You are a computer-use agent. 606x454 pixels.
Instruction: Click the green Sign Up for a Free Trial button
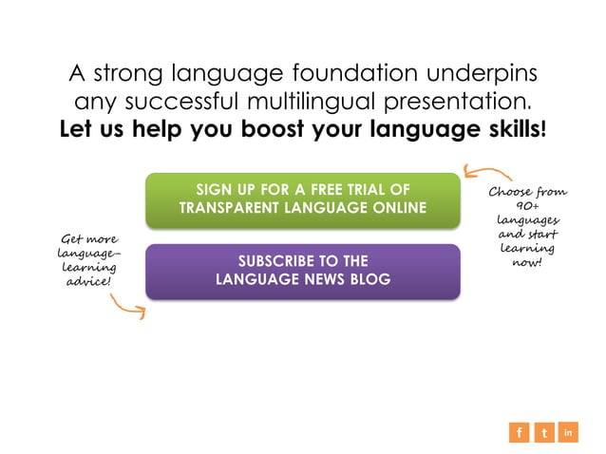303,199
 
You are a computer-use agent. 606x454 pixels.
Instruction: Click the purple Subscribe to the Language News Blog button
303,271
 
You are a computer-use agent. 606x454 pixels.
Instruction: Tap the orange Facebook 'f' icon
519,433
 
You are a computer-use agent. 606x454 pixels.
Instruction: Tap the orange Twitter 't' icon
544,433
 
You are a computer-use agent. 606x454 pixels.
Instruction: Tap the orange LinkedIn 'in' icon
569,433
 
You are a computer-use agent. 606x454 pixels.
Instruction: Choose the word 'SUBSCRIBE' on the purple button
275,261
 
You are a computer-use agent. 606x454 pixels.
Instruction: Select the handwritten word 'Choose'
509,193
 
